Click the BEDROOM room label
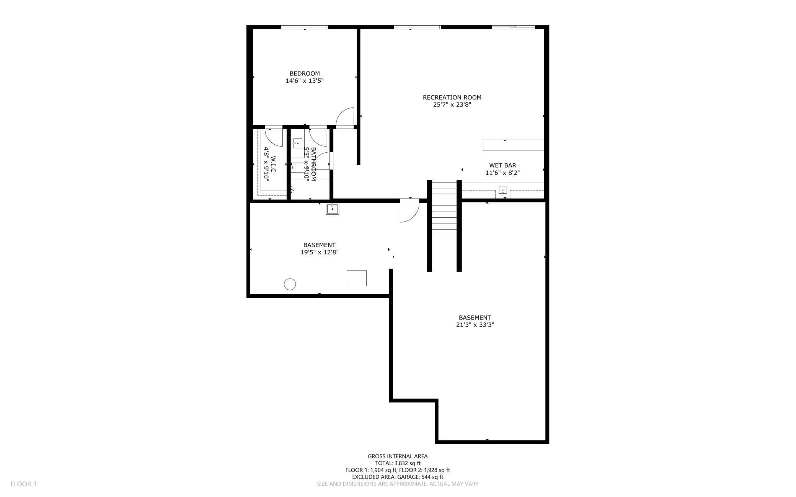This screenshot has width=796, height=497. click(305, 73)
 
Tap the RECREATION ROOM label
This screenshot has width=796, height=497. click(452, 98)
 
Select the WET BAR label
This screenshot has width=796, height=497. click(502, 165)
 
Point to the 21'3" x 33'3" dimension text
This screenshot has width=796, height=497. click(475, 325)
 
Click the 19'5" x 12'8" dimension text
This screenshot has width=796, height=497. click(320, 252)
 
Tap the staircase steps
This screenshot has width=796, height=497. click(444, 209)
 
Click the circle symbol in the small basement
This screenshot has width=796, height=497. click(290, 284)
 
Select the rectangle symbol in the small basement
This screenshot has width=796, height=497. click(356, 278)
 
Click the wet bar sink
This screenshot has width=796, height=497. click(502, 190)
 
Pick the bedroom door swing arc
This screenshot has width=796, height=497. click(346, 116)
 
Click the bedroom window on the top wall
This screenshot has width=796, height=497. click(304, 27)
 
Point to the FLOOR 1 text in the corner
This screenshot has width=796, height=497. click(23, 484)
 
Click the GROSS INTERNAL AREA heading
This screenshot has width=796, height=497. click(398, 456)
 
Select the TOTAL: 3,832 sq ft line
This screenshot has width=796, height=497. click(398, 463)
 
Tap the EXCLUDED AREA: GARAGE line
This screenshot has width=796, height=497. click(398, 477)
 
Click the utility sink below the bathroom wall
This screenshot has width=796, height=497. click(332, 209)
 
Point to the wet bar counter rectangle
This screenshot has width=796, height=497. click(513, 145)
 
